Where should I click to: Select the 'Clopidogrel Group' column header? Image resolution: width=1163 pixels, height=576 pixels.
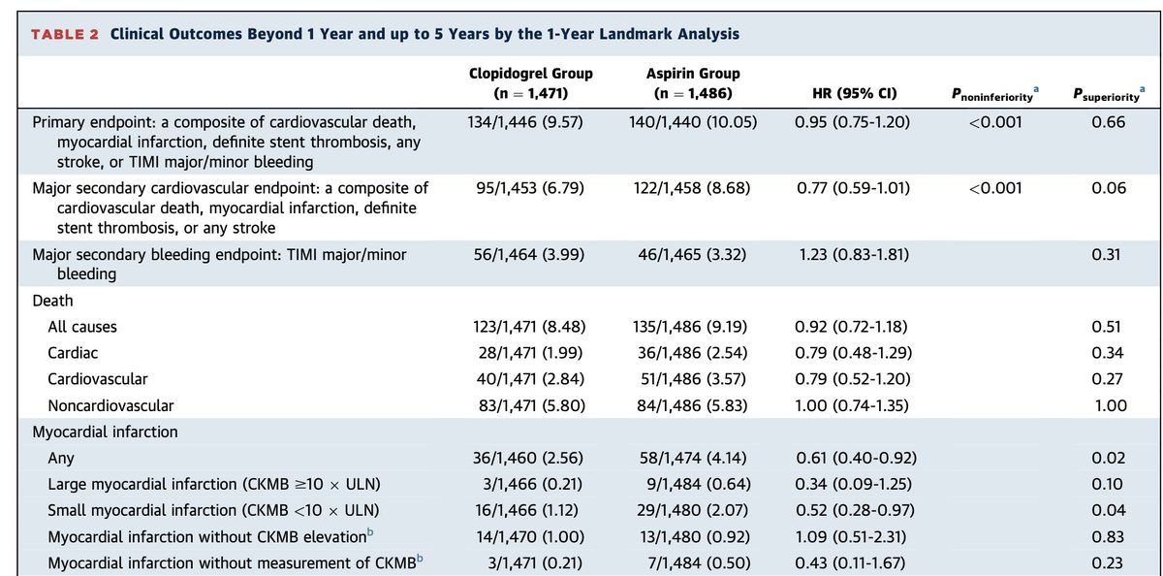[x=530, y=83]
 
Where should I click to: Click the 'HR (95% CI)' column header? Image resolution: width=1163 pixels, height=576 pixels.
[x=852, y=94]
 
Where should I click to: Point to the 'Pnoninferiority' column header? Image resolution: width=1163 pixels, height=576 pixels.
[x=995, y=93]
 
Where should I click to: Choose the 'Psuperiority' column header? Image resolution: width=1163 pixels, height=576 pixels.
[x=1108, y=93]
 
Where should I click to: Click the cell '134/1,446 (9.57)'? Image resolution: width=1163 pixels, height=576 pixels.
[x=530, y=122]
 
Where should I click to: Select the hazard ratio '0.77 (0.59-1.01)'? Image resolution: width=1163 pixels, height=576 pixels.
[x=852, y=188]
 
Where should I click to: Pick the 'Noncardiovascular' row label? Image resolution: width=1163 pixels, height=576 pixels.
[x=110, y=406]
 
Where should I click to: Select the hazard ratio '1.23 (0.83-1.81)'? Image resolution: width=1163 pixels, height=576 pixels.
[x=852, y=255]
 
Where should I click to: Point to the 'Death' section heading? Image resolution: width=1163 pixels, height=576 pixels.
[x=53, y=302]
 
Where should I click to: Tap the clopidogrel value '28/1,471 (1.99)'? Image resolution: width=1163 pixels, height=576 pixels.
[x=530, y=354]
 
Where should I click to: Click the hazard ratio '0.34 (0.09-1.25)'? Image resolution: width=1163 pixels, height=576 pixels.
[x=852, y=485]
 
